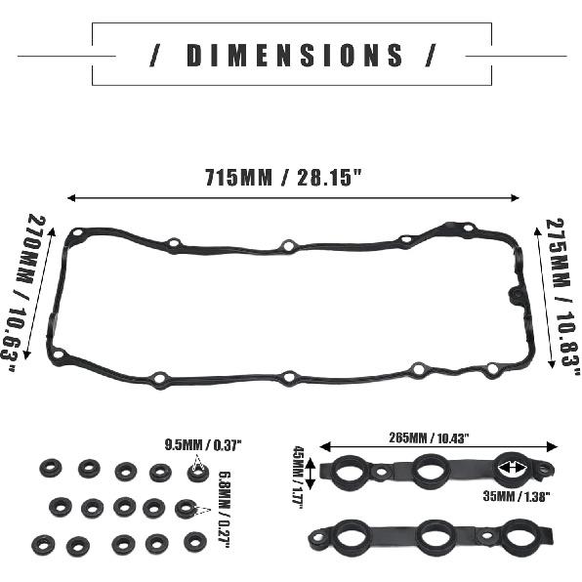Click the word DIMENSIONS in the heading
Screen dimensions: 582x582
292,55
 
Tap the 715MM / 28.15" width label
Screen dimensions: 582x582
284,179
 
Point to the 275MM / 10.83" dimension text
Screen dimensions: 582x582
558,302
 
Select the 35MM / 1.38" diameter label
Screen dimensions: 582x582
514,496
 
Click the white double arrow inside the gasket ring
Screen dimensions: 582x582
513,470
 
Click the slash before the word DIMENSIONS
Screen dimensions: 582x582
156,55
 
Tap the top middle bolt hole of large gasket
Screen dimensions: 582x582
288,246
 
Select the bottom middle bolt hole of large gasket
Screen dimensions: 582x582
288,377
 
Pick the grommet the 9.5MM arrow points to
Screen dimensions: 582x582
196,473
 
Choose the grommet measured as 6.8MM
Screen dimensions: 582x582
185,509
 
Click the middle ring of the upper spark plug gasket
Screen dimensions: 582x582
427,473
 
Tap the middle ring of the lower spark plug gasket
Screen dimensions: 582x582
426,535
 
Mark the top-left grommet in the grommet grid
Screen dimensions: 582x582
50,468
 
